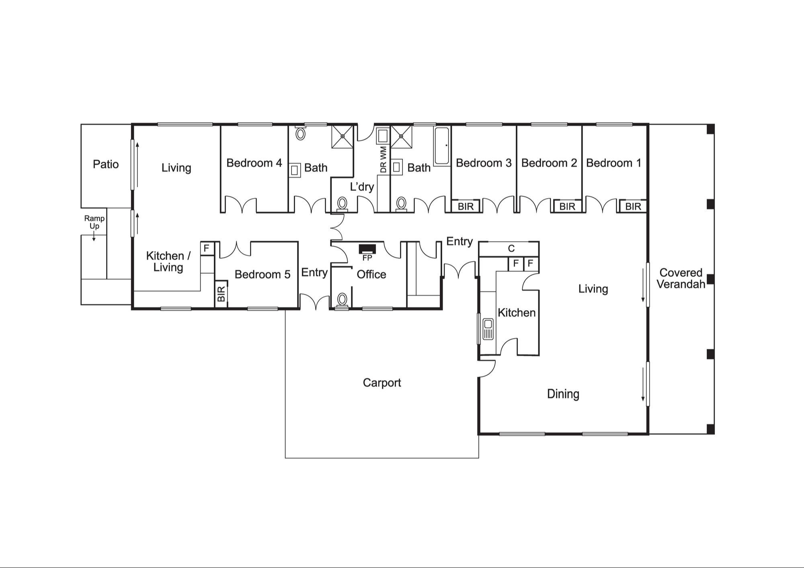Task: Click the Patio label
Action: coord(106,164)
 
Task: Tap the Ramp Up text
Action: coord(94,222)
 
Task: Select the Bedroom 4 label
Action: coord(254,163)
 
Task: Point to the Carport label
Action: coord(382,383)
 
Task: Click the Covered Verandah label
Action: coord(681,279)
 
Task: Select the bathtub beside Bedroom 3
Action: coord(442,146)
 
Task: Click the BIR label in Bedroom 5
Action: coord(221,294)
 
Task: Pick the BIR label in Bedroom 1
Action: coord(633,207)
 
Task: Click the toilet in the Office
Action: coord(342,301)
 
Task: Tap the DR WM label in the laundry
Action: coord(383,160)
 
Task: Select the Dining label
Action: coord(563,394)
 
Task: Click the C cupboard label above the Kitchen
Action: coord(511,248)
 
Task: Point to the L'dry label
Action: coord(362,187)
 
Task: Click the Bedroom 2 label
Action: coord(549,163)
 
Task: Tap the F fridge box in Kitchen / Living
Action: coord(207,248)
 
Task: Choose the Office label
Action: coord(371,275)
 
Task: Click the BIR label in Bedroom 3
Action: coord(466,207)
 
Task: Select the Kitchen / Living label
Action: coord(168,262)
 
